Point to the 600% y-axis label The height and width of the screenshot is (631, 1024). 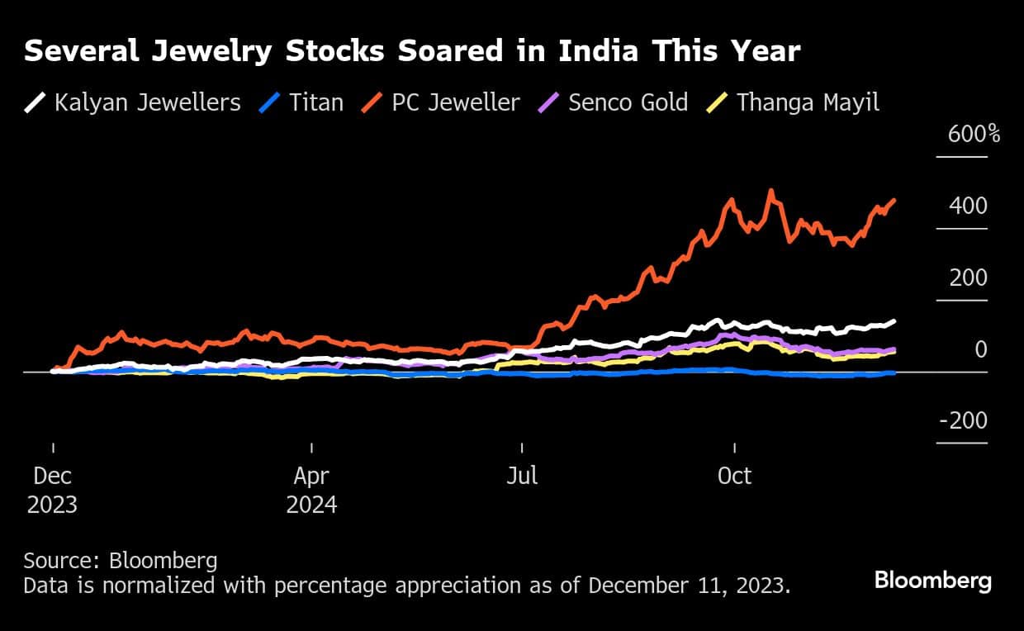(x=974, y=134)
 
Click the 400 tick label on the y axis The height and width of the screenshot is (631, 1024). (x=967, y=206)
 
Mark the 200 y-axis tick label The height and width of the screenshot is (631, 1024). (x=968, y=278)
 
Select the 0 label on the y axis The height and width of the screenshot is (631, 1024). (x=980, y=349)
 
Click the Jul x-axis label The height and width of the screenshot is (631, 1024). (x=522, y=476)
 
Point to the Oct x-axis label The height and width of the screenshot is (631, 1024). (x=734, y=476)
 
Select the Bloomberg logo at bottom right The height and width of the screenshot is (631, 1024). (x=932, y=581)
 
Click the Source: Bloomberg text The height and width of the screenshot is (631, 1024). (x=121, y=561)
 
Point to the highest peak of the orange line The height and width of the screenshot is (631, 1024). (x=771, y=191)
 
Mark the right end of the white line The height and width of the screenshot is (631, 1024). (x=894, y=320)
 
